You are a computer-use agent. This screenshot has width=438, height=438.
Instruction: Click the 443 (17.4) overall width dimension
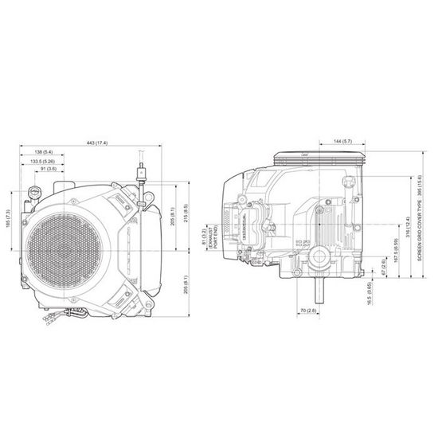(x=97, y=142)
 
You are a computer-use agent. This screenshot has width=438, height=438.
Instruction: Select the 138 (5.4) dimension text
(x=45, y=151)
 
